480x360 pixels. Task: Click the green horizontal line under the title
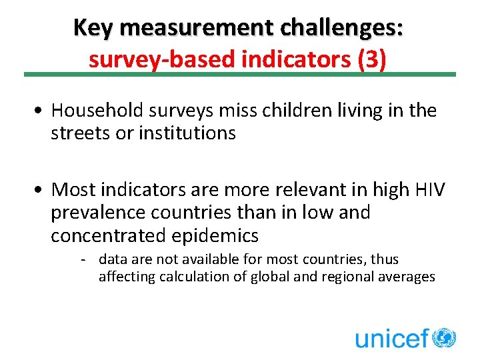coord(240,75)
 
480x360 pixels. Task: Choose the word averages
coord(407,276)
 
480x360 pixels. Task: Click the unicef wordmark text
coord(391,338)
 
